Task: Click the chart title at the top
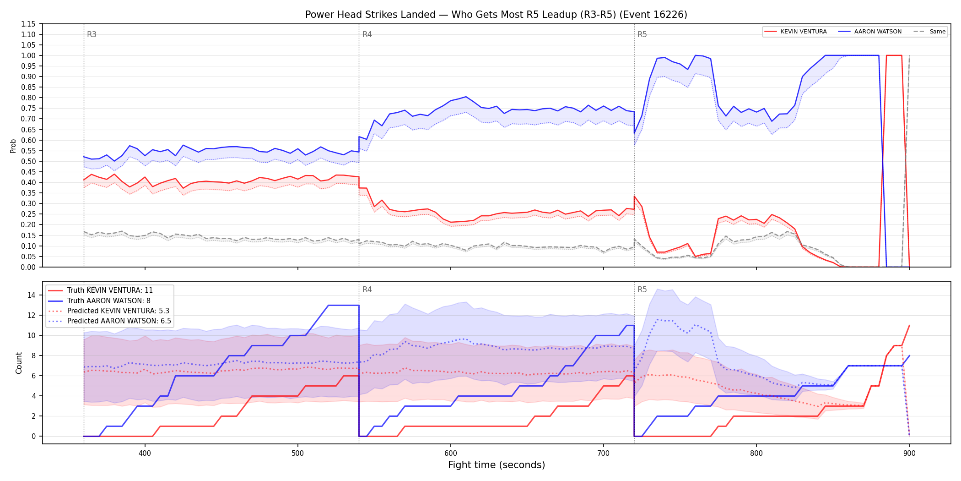point(496,15)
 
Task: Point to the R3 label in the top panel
point(92,34)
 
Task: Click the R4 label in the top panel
point(367,34)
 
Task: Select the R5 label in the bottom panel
point(642,290)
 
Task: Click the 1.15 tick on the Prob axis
point(28,24)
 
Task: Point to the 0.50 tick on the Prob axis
point(28,161)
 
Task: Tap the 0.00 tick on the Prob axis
point(28,267)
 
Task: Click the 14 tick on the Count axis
point(32,295)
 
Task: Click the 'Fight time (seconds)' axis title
point(497,465)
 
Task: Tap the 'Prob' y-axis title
point(13,146)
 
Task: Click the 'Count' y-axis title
point(19,363)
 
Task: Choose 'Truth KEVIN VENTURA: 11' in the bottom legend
point(110,290)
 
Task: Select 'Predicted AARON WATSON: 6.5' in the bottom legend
point(119,321)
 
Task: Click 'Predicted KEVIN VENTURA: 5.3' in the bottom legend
point(118,311)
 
